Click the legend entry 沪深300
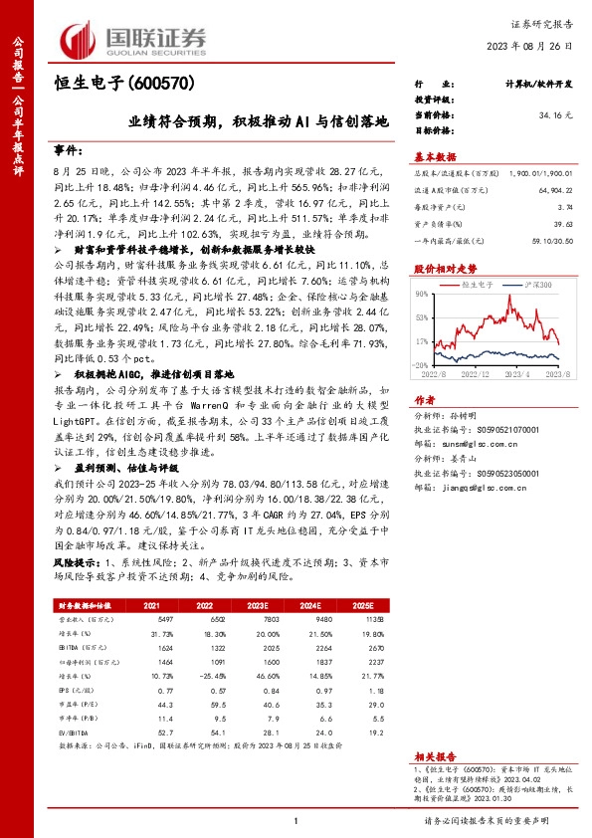(x=525, y=285)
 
